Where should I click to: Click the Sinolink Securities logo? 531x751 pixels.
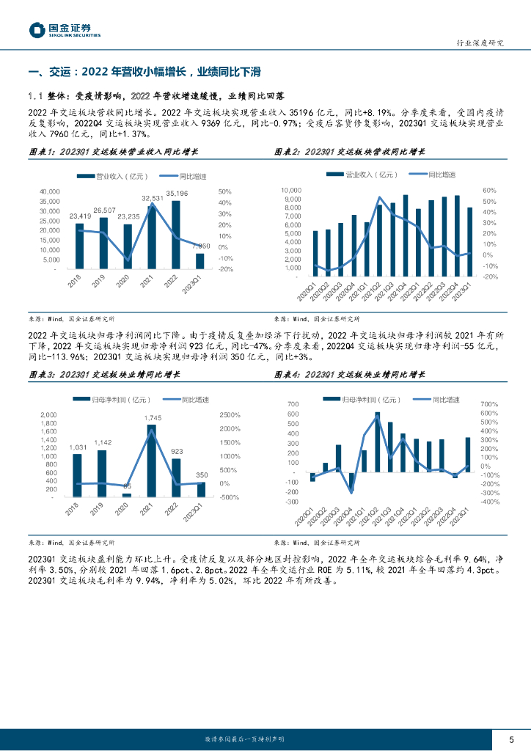(x=65, y=29)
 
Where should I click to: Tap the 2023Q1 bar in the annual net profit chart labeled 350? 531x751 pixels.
(x=201, y=489)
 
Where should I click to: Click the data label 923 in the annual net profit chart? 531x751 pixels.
(x=177, y=452)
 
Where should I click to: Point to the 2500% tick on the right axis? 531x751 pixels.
(x=230, y=415)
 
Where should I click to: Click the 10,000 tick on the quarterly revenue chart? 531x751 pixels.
(x=291, y=190)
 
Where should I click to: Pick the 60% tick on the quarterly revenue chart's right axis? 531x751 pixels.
(x=489, y=190)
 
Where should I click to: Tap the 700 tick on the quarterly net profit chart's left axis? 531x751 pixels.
(x=293, y=404)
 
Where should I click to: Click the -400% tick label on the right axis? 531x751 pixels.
(x=489, y=502)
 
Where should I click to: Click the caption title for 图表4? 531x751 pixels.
(x=350, y=374)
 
